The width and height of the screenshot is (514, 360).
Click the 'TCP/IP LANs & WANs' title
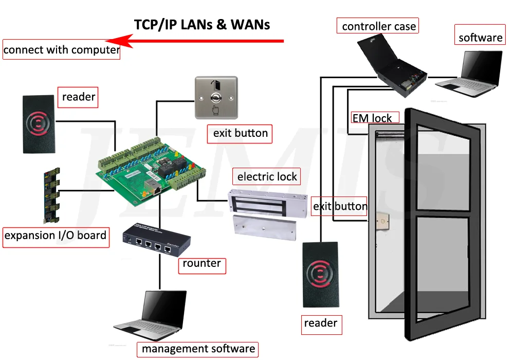pyautogui.click(x=201, y=25)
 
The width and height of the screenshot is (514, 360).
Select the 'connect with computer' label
pyautogui.click(x=61, y=50)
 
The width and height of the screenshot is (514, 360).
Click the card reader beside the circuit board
pyautogui.click(x=39, y=124)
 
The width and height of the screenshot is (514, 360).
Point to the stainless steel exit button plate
pyautogui.click(x=215, y=98)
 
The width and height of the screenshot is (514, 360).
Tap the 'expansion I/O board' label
pyautogui.click(x=56, y=236)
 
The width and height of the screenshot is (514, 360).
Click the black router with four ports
pyautogui.click(x=156, y=240)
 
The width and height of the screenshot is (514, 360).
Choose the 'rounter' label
pyautogui.click(x=201, y=264)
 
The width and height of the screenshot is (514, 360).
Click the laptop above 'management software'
pyautogui.click(x=151, y=313)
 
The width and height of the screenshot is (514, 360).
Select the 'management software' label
pyautogui.click(x=198, y=349)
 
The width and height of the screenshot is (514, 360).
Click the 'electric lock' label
pyautogui.click(x=267, y=177)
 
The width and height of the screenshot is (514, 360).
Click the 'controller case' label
pyautogui.click(x=378, y=26)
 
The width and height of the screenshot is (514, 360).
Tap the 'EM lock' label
pyautogui.click(x=372, y=118)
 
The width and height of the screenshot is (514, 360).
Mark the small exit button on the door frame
pyautogui.click(x=383, y=222)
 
